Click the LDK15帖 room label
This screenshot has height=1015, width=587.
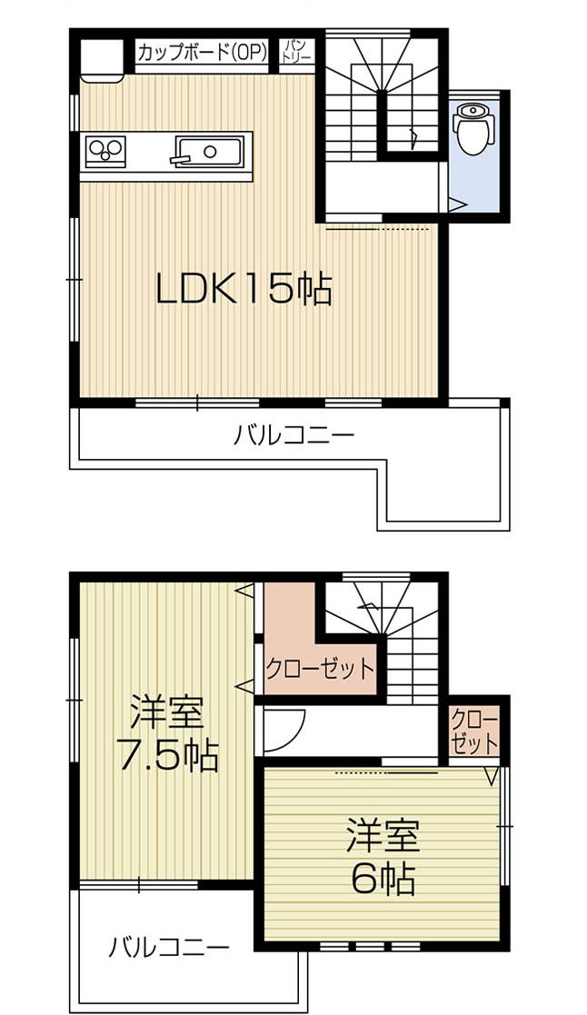(x=242, y=290)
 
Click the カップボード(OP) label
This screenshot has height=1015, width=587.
(x=202, y=53)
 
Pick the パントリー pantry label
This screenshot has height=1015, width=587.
(x=298, y=51)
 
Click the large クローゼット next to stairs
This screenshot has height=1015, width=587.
(x=318, y=670)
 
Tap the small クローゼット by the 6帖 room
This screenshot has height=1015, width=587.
(x=474, y=731)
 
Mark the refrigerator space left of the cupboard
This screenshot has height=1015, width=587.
(x=100, y=58)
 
